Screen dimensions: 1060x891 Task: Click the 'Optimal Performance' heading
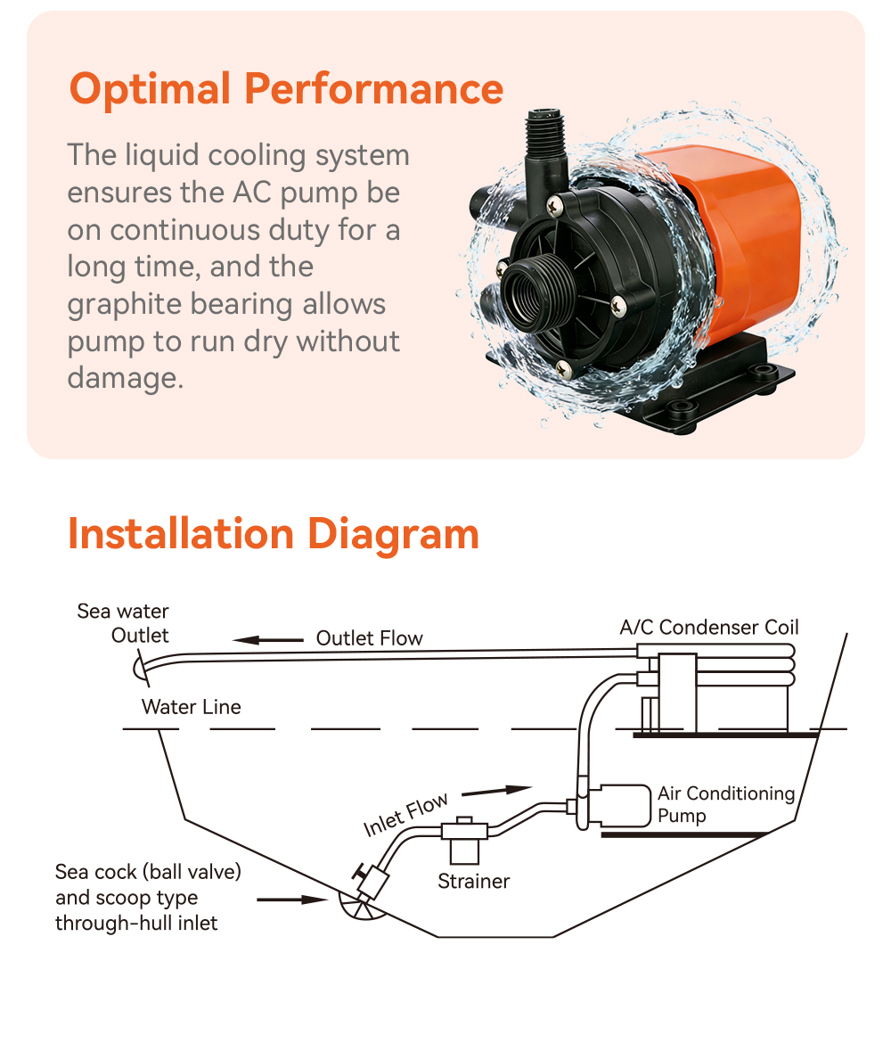pos(286,89)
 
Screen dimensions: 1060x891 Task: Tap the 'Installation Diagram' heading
pos(274,534)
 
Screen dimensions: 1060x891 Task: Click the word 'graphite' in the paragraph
pos(122,304)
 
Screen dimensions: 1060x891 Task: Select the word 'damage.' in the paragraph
pos(125,378)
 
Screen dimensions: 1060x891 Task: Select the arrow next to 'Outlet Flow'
pos(268,639)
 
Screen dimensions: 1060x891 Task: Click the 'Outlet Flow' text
pos(369,638)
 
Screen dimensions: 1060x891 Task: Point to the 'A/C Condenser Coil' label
pos(709,627)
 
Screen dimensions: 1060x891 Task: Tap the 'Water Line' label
pos(191,708)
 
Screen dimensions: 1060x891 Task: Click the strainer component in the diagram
pos(464,839)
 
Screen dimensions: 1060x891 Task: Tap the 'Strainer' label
pos(473,882)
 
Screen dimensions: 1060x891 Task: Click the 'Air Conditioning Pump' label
pos(725,804)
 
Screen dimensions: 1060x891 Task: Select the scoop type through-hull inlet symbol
pos(356,906)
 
